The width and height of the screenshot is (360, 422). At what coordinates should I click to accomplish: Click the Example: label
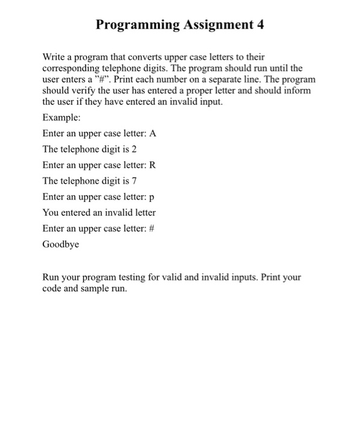point(62,118)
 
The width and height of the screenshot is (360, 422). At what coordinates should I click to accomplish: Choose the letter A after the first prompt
point(153,134)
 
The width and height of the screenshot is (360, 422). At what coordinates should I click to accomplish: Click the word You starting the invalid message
point(51,212)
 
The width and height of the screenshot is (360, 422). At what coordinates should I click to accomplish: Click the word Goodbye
point(61,245)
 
